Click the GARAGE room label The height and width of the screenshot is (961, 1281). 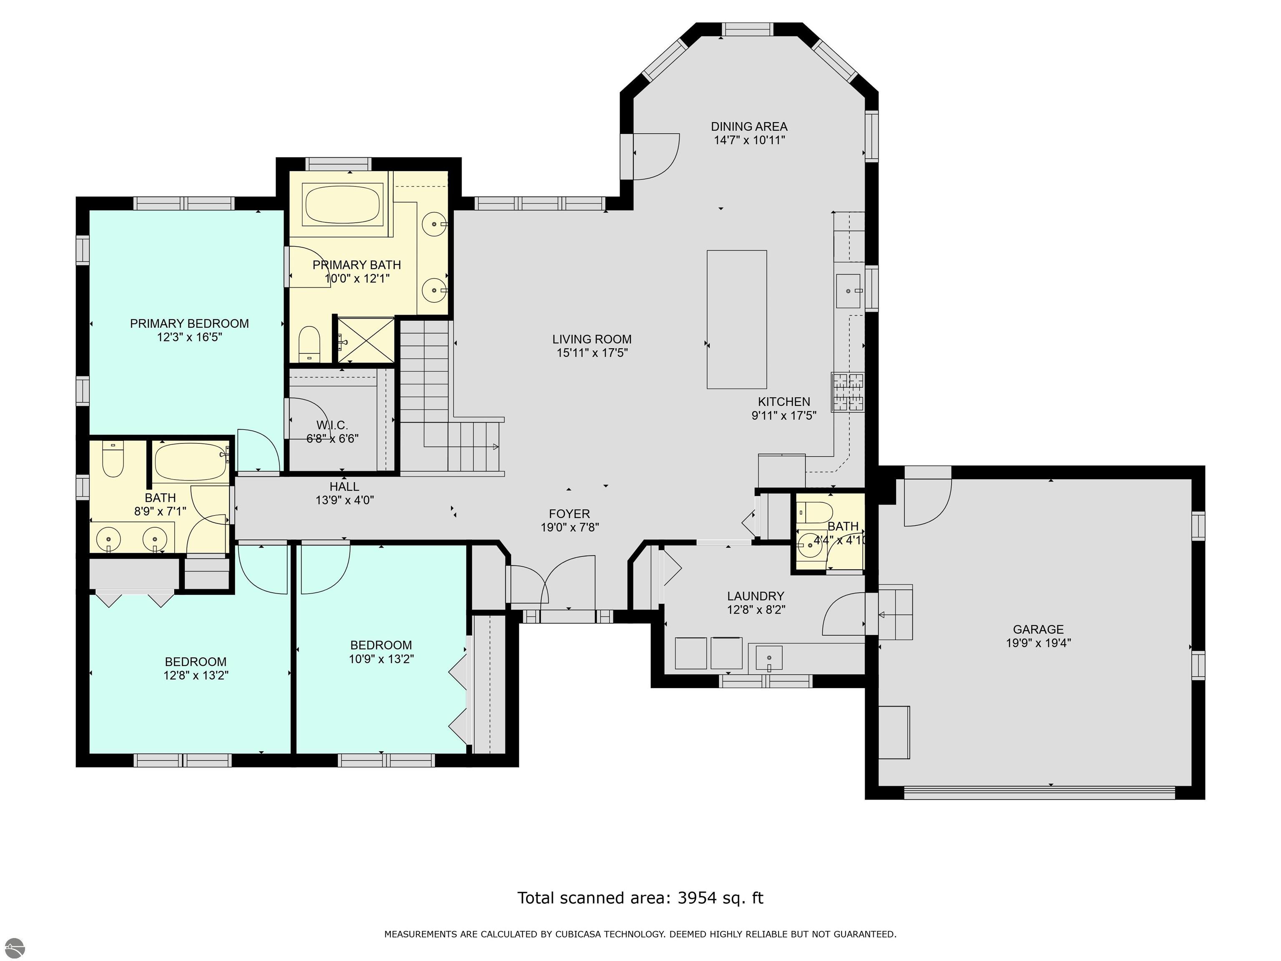click(1038, 629)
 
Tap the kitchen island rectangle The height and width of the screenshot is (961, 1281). click(737, 319)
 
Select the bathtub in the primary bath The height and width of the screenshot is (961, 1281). click(342, 204)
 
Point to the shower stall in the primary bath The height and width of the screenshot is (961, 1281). click(366, 341)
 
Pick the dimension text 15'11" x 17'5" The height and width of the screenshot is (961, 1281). click(592, 353)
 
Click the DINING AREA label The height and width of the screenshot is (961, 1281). click(749, 126)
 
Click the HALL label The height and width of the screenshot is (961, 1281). click(344, 487)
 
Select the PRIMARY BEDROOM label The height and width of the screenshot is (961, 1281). click(189, 324)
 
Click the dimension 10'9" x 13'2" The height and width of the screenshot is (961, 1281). click(381, 659)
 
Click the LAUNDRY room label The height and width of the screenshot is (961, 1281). click(756, 596)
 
